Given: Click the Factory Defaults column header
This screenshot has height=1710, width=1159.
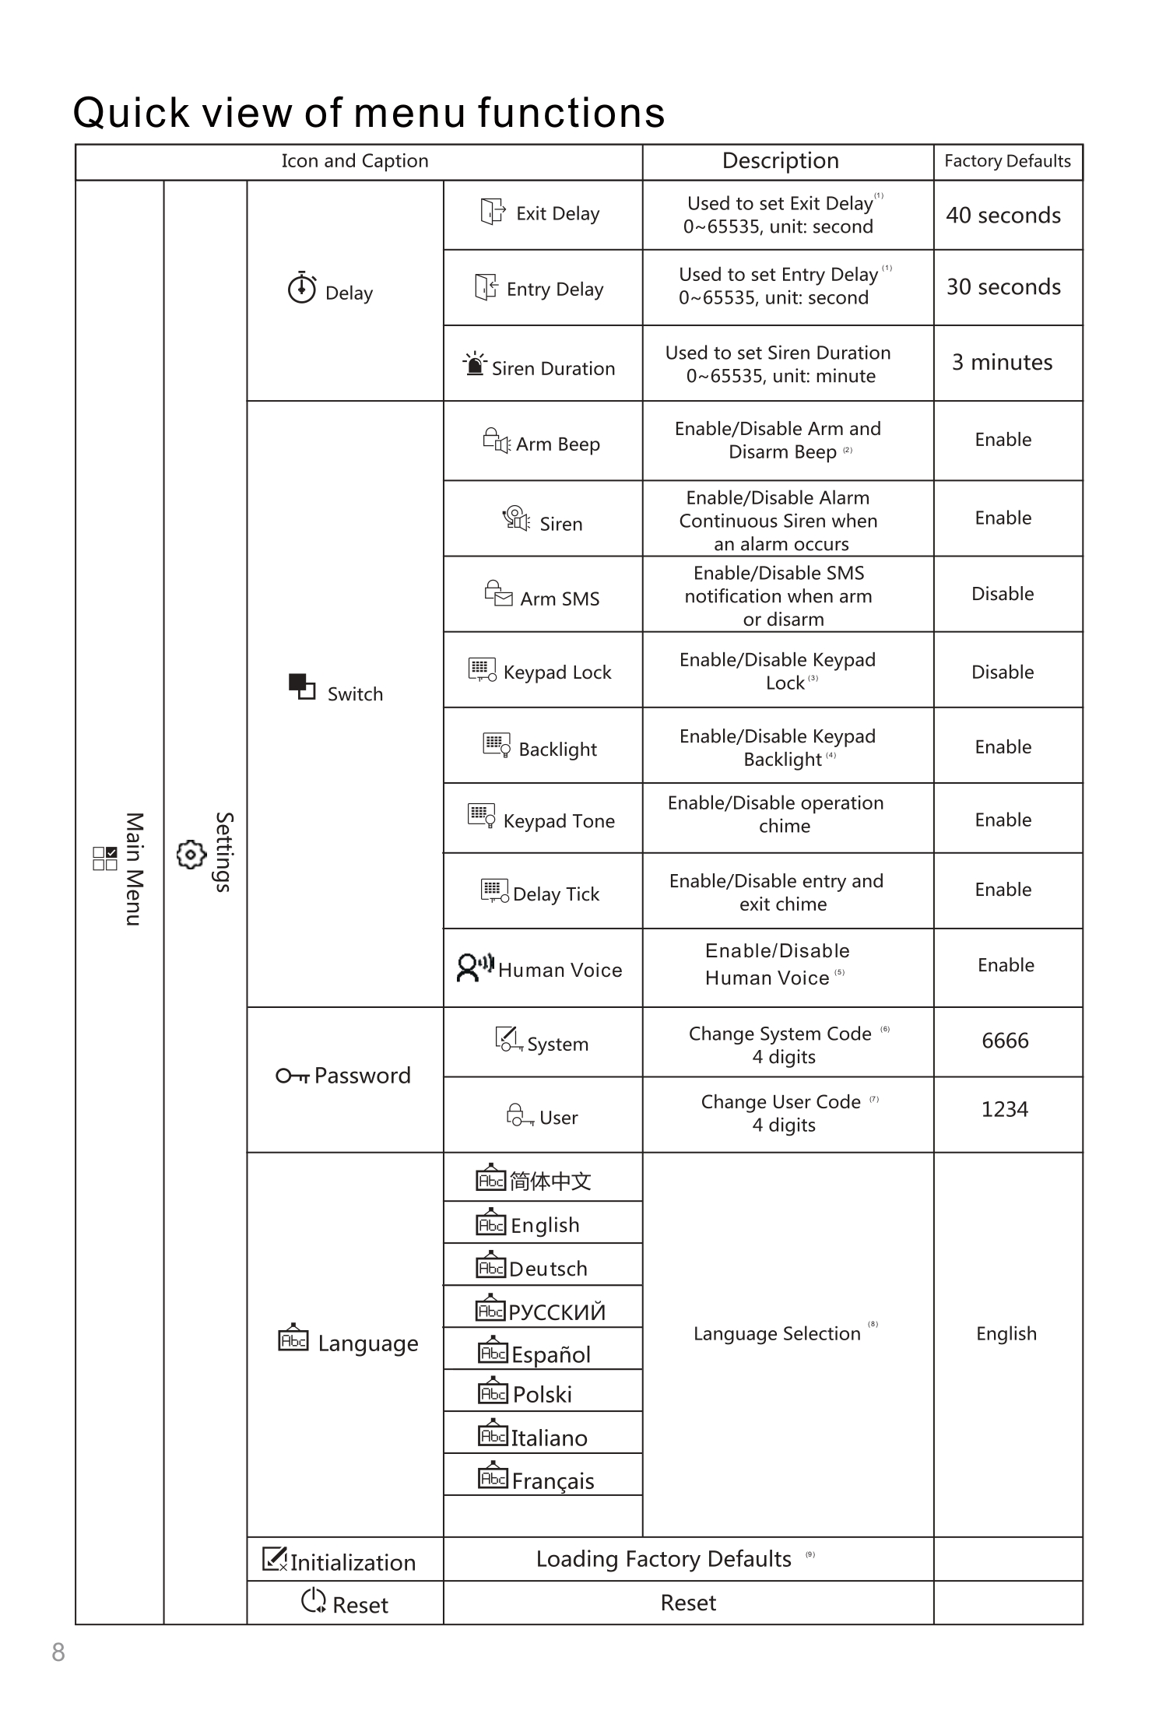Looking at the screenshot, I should [1007, 161].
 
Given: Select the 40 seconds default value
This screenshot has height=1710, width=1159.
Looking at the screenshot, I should [1003, 216].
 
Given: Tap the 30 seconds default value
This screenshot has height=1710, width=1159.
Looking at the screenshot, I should [1003, 287].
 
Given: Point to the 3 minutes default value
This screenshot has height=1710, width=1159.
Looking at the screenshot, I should [1002, 363].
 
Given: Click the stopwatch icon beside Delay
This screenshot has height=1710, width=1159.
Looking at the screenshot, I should [302, 288].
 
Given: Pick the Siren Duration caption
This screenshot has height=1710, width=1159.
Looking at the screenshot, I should [553, 369].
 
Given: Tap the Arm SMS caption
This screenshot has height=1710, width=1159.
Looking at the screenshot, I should [560, 599].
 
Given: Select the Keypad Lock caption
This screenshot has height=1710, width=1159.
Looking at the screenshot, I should [557, 672].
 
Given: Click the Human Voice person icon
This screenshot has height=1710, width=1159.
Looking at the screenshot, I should [468, 967].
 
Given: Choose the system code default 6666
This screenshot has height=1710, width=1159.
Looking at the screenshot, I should [1005, 1041].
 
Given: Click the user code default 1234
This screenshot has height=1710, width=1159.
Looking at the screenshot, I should [1004, 1109].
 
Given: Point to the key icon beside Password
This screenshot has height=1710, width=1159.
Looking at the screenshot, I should [293, 1076].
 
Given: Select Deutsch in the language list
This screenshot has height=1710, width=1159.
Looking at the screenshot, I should [548, 1269].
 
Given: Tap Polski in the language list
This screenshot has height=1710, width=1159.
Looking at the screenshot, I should [542, 1395].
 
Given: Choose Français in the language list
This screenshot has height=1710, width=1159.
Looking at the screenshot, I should [553, 1481].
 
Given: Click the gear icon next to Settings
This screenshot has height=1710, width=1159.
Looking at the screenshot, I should [191, 854].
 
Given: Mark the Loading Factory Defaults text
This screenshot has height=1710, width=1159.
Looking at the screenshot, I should [663, 1559].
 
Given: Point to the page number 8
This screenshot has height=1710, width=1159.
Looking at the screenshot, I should [58, 1652].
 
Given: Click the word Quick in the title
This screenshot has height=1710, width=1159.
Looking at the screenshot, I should [132, 113].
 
